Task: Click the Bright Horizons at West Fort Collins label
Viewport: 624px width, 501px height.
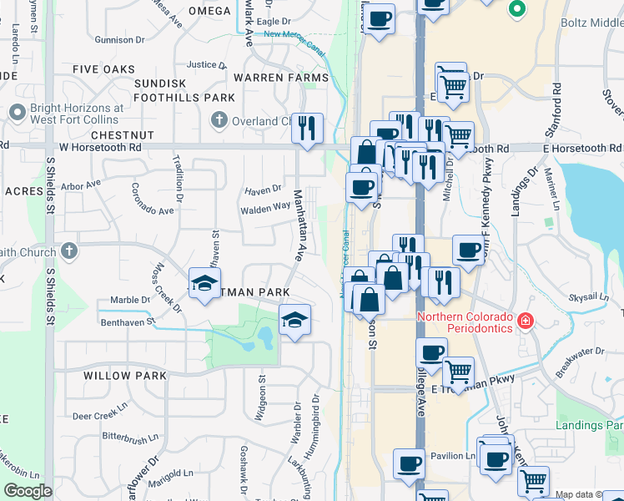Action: point(77,114)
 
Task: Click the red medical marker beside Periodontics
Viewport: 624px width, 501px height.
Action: point(525,320)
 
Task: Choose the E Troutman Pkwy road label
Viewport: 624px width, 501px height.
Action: point(476,389)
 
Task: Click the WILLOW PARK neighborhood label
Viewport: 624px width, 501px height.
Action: point(119,376)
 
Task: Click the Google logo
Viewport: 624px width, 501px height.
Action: point(28,491)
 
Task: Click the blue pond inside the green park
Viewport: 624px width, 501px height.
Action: point(265,338)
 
